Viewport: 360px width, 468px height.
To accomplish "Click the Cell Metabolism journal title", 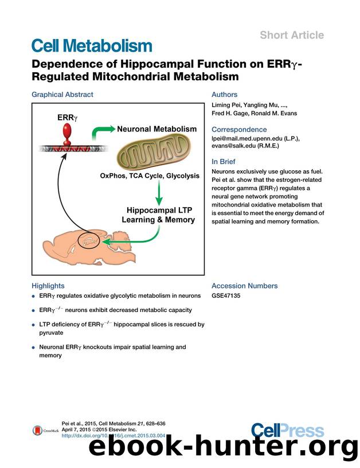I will pyautogui.click(x=92, y=46).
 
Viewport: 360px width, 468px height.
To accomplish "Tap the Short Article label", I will pyautogui.click(x=291, y=35).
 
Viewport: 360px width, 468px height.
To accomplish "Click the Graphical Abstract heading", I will pyautogui.click(x=62, y=95).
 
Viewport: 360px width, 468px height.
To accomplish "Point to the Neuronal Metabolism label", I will pyautogui.click(x=157, y=129).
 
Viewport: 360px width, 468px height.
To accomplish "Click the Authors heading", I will pyautogui.click(x=224, y=95).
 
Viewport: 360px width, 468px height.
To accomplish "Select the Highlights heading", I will pyautogui.click(x=48, y=286).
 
